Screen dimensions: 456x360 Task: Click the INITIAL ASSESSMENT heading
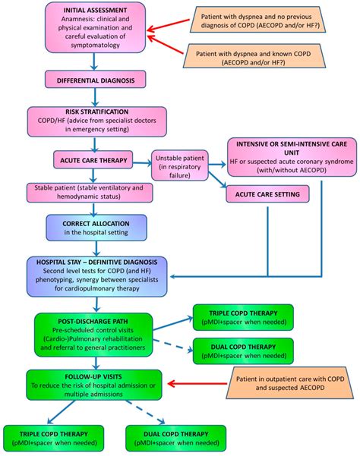pos(90,8)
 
